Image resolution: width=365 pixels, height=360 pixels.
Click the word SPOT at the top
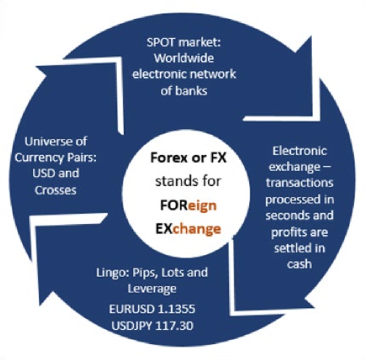[161, 43]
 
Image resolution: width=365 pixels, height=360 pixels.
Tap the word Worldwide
[184, 58]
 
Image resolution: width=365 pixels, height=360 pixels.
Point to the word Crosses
[56, 190]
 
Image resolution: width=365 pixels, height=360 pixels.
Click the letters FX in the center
[218, 157]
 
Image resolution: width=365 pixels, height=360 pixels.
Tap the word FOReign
[188, 205]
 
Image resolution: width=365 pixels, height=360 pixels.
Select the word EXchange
[188, 228]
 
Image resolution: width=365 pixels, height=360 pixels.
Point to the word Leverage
[152, 289]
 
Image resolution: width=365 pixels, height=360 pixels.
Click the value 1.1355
[176, 309]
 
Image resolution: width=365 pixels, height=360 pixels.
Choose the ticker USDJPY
[131, 325]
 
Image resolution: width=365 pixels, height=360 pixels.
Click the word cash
[300, 264]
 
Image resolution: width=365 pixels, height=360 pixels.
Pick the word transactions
[300, 183]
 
